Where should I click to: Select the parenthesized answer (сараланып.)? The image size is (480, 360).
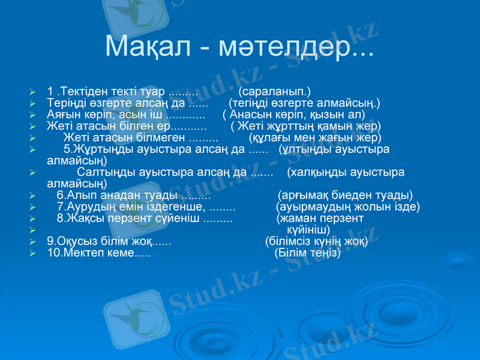tap(274, 92)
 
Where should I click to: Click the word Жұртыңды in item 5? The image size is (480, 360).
tap(100, 149)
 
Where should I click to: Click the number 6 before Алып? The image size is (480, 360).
tap(60, 196)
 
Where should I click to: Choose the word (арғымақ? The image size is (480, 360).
tap(302, 196)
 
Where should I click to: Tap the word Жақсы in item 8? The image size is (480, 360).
tap(86, 218)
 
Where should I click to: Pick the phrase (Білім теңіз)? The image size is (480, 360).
tap(308, 253)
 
